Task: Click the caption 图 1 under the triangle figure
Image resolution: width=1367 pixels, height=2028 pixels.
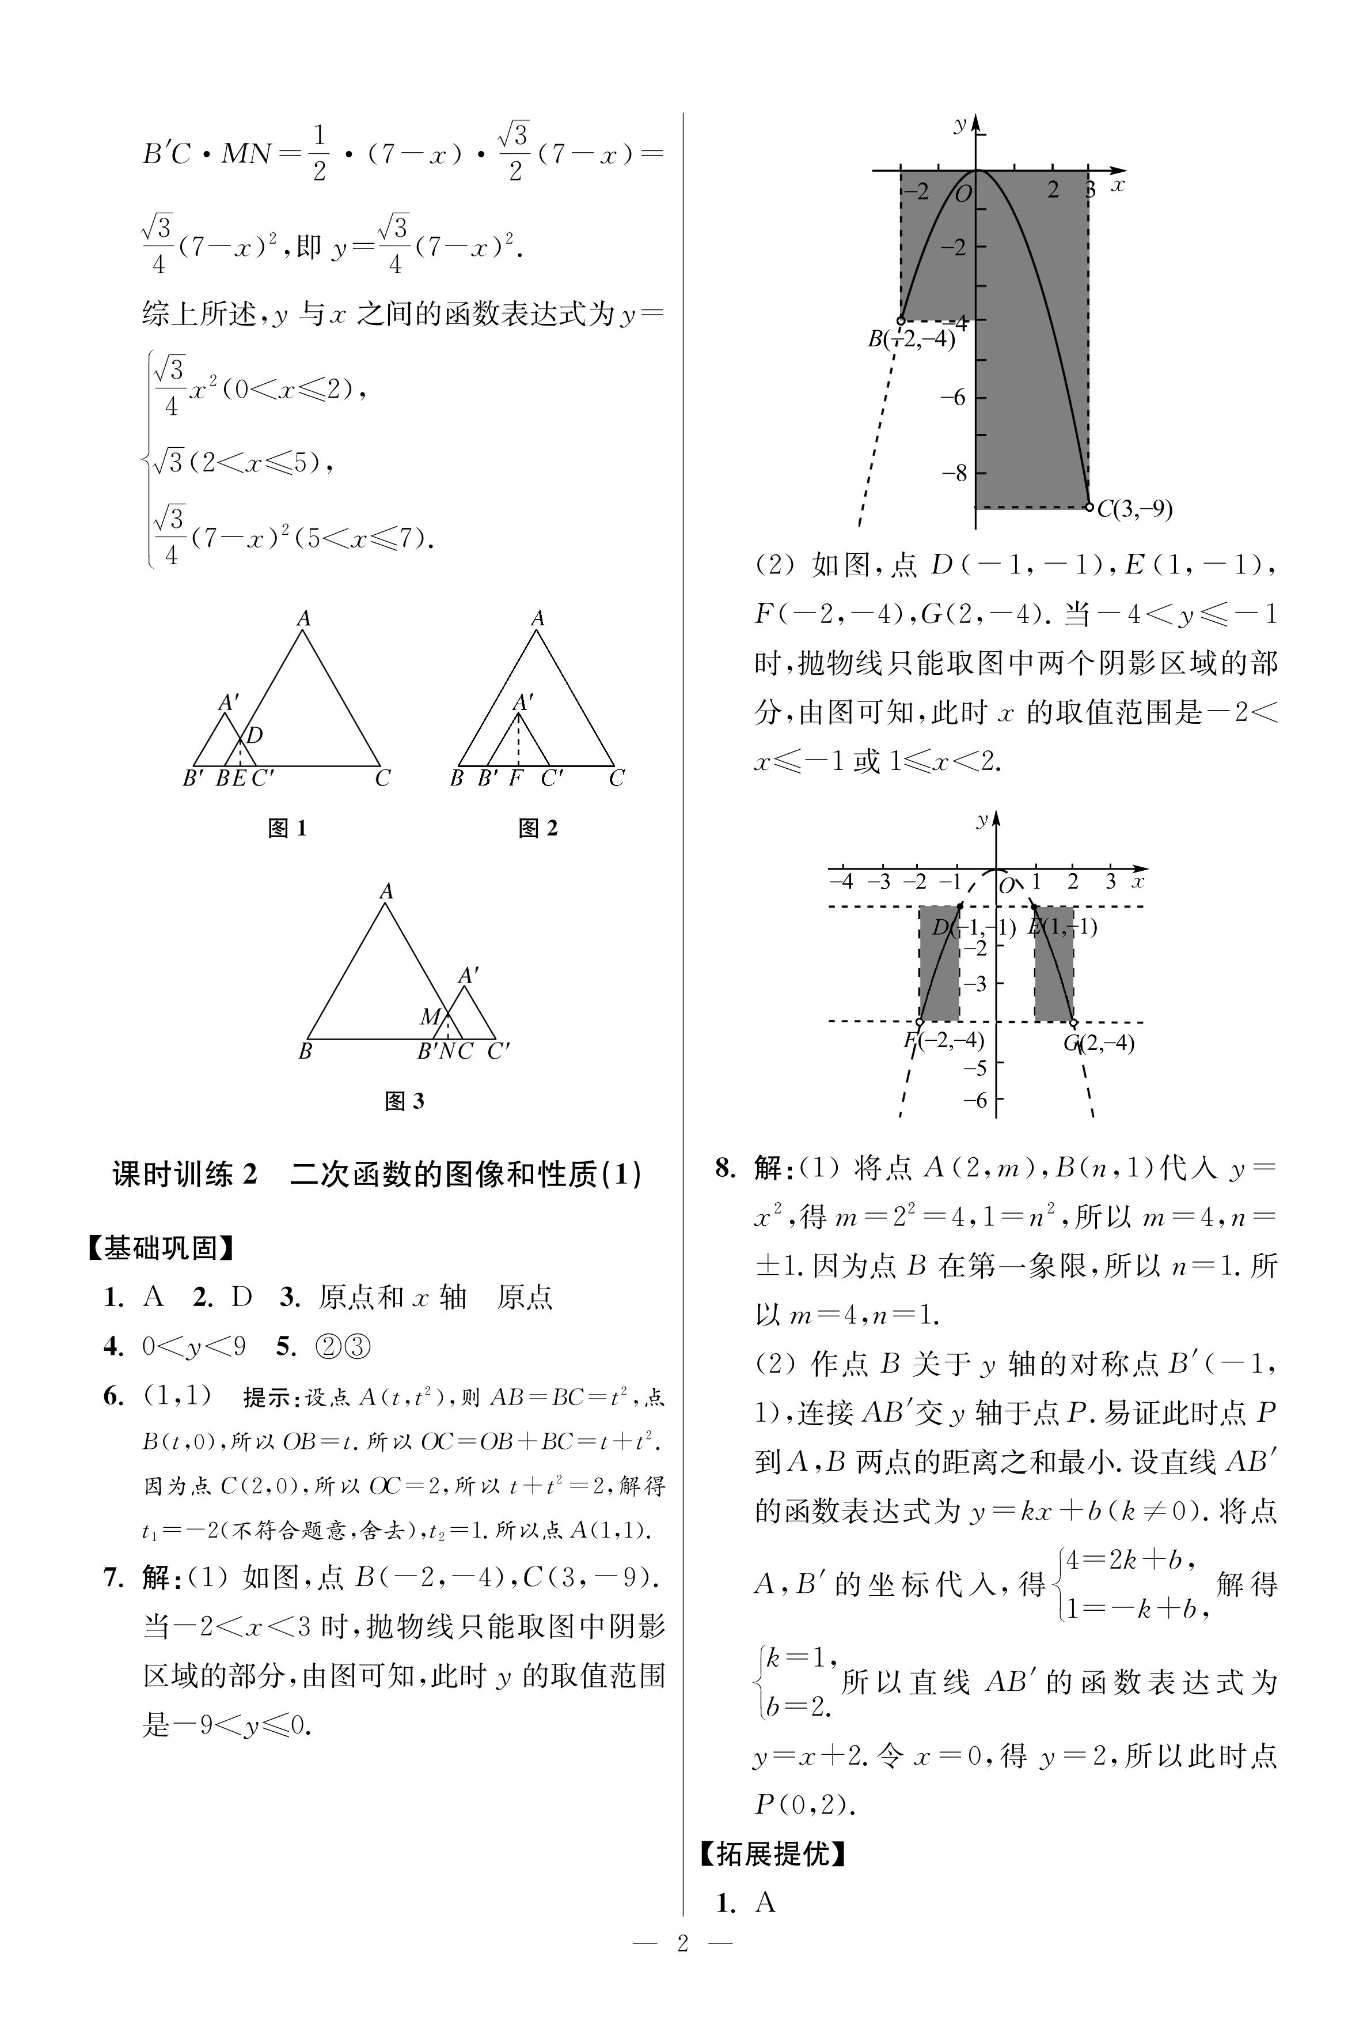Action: (287, 829)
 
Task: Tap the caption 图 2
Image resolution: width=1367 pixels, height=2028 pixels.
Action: (537, 829)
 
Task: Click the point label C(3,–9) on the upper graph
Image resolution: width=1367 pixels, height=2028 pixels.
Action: (1134, 508)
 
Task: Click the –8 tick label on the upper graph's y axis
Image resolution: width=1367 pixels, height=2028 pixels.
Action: (954, 473)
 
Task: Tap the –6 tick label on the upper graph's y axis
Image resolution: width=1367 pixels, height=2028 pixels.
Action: (954, 397)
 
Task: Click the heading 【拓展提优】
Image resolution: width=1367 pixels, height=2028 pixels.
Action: (772, 1853)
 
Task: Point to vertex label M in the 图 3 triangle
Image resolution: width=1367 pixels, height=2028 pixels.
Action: (430, 1016)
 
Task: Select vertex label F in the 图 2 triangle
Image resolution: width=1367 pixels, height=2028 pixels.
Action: (515, 778)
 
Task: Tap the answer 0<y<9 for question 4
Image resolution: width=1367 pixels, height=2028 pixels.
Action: (193, 1347)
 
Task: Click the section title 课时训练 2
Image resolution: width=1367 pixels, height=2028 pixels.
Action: (185, 1175)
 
